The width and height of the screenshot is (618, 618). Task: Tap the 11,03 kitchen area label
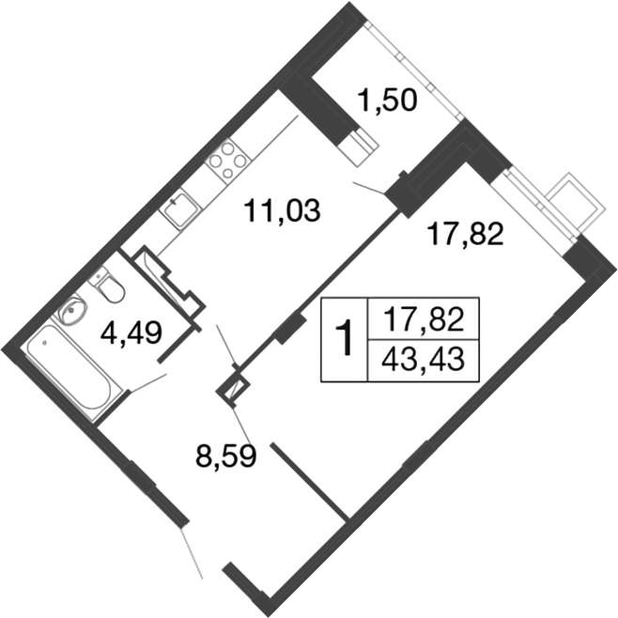pyautogui.click(x=282, y=210)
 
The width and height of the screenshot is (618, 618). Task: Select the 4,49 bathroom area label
pyautogui.click(x=131, y=332)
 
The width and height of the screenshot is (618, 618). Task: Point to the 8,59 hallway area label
pyautogui.click(x=226, y=457)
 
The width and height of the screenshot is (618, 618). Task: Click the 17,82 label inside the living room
pyautogui.click(x=466, y=232)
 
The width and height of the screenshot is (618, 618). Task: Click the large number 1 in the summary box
pyautogui.click(x=346, y=339)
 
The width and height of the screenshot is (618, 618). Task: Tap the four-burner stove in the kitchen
pyautogui.click(x=228, y=162)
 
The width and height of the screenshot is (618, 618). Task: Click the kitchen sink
pyautogui.click(x=178, y=209)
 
